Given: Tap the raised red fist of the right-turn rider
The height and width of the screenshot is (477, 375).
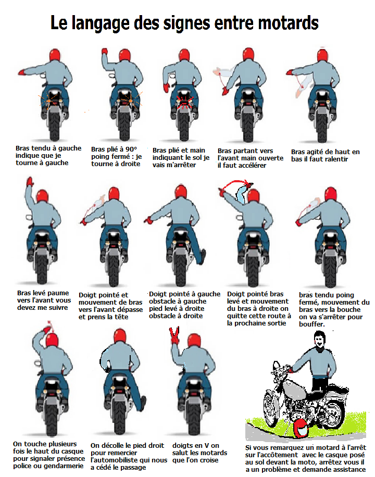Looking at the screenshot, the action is (x=104, y=51).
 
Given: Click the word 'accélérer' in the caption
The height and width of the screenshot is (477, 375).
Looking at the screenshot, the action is (x=252, y=166).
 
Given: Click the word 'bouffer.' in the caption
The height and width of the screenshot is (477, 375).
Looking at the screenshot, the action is (x=311, y=324).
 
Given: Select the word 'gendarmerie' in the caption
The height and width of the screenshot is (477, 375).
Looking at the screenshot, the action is (x=64, y=466).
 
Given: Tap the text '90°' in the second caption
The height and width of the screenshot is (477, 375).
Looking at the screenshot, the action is (x=131, y=149).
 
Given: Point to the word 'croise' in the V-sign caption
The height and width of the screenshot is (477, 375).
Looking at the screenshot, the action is (x=208, y=460).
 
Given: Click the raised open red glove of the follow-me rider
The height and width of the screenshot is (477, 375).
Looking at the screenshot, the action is (x=30, y=182).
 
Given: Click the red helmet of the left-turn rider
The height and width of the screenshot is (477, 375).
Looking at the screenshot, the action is (x=55, y=55).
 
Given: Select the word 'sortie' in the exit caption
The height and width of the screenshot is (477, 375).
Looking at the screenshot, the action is (x=276, y=323).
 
